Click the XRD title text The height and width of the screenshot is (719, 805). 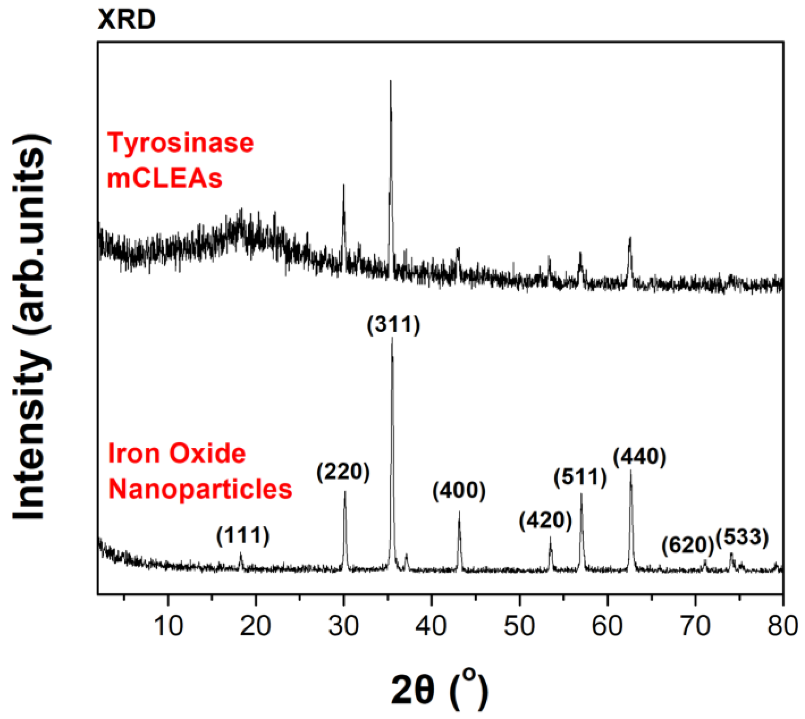coord(127,19)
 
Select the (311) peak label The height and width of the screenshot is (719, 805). coord(393,326)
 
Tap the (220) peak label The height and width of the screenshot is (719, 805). coord(343,472)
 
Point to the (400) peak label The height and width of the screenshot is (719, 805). coord(459,492)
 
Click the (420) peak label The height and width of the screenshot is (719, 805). coord(546,521)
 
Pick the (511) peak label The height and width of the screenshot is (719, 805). coord(580,478)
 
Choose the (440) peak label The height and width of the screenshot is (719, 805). coord(640,457)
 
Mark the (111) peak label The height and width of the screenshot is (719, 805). coord(243,536)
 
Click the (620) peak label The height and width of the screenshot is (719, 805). coord(688,546)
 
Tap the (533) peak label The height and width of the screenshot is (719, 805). coord(742,538)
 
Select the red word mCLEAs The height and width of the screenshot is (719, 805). coord(165,178)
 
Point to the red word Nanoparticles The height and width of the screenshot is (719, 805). coord(200,489)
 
